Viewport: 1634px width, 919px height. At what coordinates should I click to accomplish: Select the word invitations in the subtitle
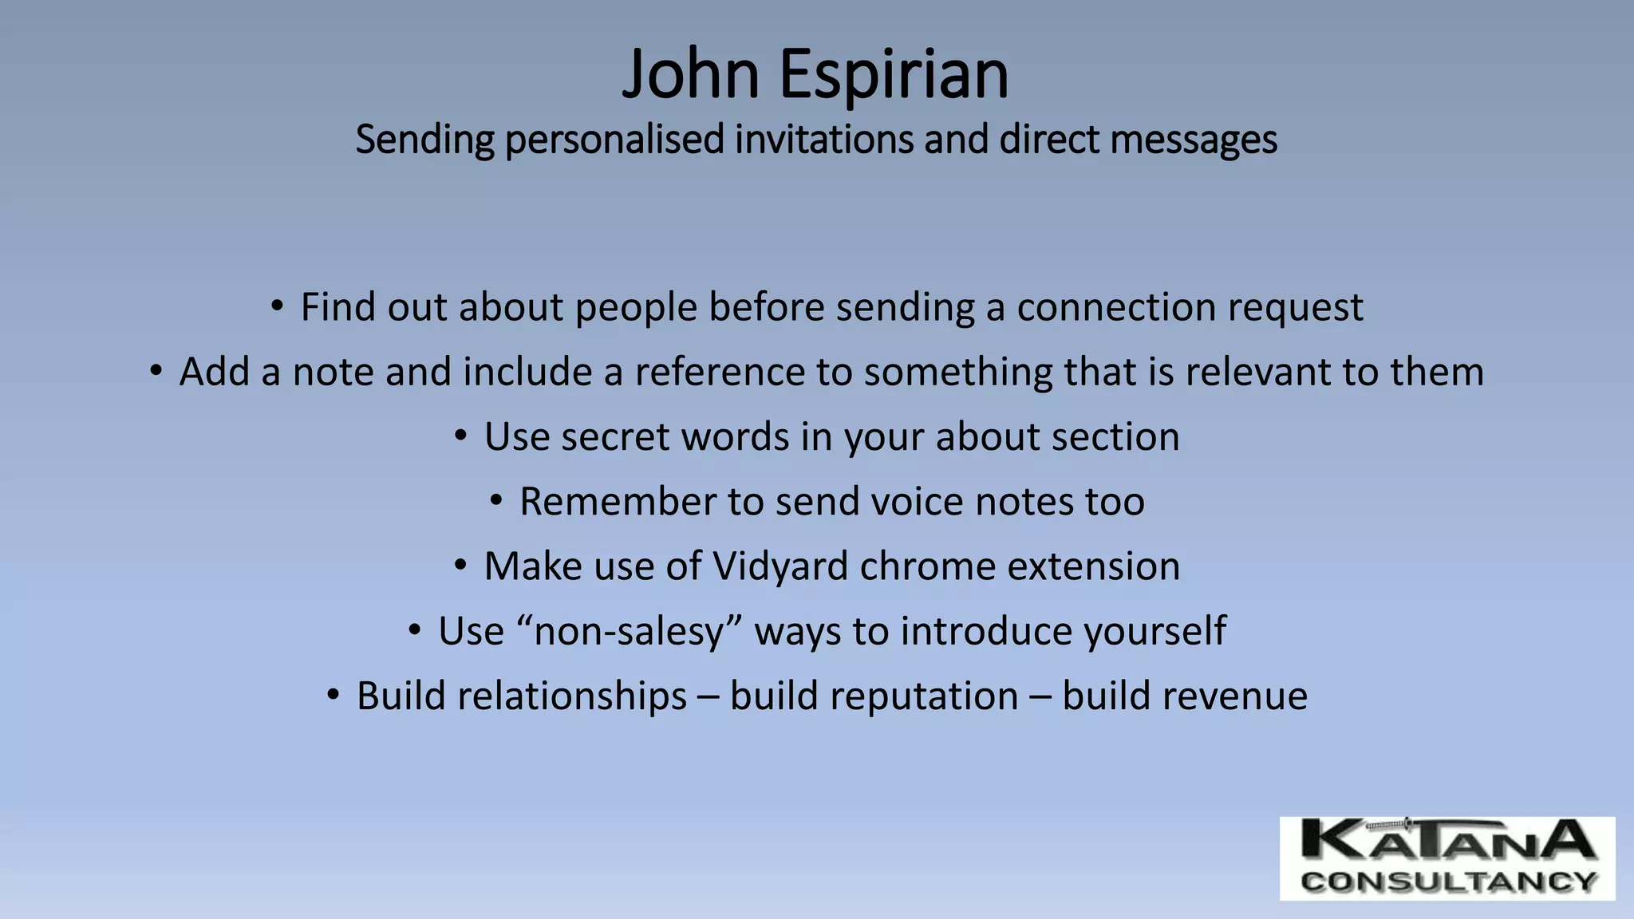pyautogui.click(x=824, y=139)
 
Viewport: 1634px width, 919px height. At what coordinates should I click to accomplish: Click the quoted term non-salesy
pyautogui.click(x=630, y=631)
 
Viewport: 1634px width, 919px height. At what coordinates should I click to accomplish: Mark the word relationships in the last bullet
pyautogui.click(x=521, y=696)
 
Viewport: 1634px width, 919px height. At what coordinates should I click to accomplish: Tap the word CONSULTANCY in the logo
pyautogui.click(x=1447, y=882)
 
